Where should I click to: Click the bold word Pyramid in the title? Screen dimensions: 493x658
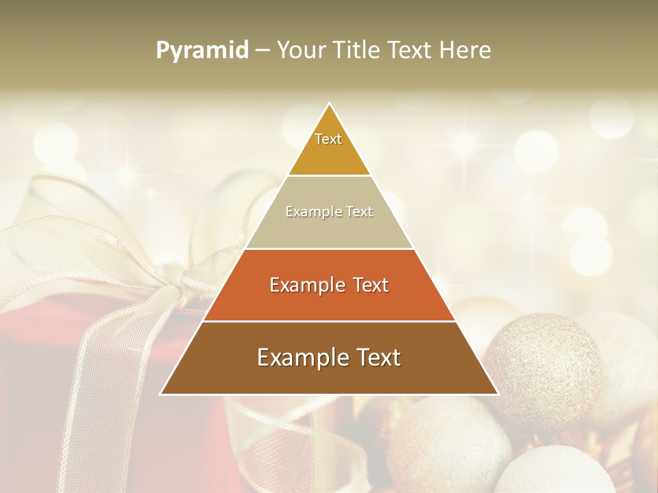[202, 51]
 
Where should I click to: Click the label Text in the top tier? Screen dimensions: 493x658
[328, 139]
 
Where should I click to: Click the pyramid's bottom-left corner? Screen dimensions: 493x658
[162, 394]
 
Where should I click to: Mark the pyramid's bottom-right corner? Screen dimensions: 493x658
[497, 394]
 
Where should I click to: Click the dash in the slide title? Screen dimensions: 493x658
[262, 51]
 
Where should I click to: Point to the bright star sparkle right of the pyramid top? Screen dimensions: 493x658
[465, 143]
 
